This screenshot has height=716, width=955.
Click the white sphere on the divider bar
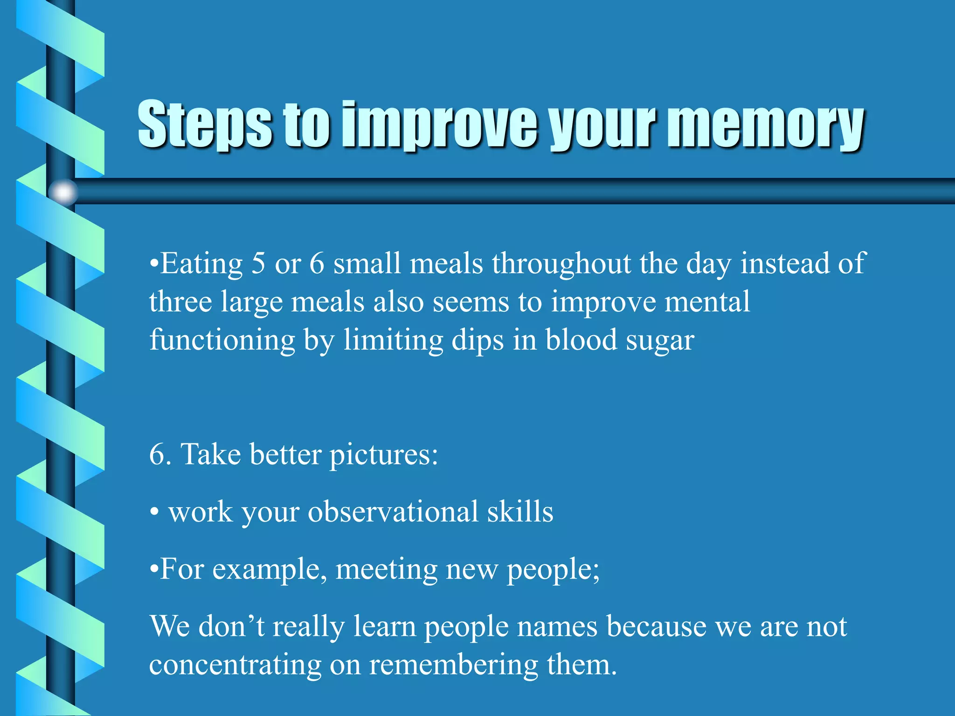[x=63, y=192]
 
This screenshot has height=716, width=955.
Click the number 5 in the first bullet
[x=258, y=263]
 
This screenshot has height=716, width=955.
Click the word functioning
[x=222, y=341]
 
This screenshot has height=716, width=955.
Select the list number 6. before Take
[x=160, y=454]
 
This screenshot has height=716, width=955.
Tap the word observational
[x=393, y=512]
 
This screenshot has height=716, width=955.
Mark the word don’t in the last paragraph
[x=232, y=626]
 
